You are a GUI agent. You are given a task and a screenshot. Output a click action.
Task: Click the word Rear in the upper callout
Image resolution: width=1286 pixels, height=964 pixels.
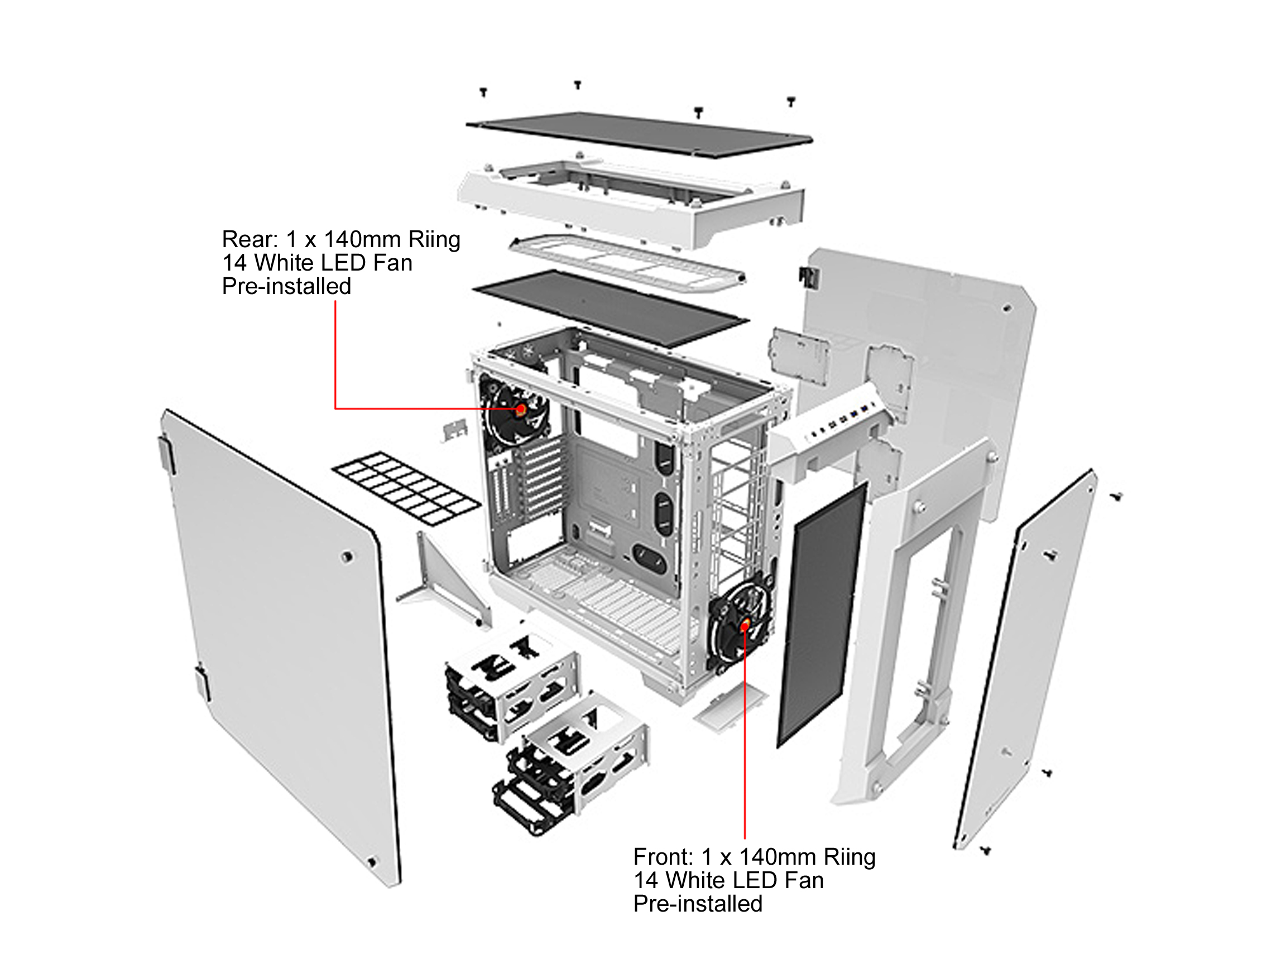pos(246,239)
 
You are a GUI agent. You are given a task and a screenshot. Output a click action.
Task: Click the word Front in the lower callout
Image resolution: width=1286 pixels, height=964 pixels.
pos(662,857)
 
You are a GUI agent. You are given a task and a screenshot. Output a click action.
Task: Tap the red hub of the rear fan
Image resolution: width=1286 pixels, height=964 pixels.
pos(521,409)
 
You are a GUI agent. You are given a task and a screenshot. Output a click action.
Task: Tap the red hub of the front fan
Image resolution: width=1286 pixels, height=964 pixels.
pos(744,626)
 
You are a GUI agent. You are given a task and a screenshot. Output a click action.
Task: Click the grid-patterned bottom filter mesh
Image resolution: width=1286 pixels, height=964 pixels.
pos(406,489)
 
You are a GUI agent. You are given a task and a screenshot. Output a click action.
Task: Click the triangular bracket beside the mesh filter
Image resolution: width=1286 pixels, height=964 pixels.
pos(445,581)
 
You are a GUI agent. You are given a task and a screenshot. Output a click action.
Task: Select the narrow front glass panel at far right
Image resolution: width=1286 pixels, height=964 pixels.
pos(1026,657)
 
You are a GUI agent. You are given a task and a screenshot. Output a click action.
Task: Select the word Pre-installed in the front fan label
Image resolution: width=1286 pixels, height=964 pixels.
pos(698,904)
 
